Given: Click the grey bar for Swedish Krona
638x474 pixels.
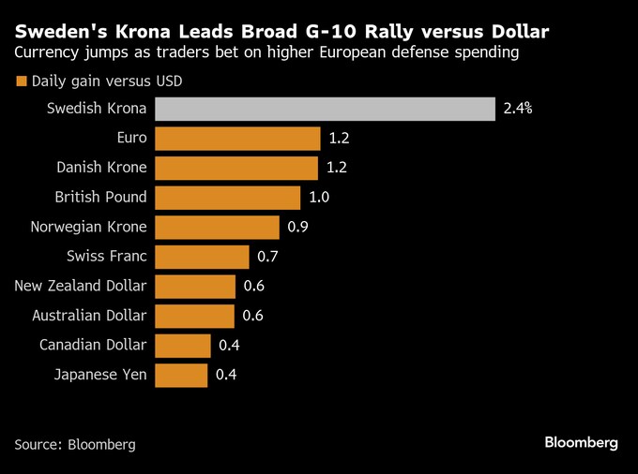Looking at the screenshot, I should pos(325,109).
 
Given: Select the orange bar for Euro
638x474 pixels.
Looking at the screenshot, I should pos(237,139).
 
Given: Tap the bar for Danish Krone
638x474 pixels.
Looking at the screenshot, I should pos(236,168).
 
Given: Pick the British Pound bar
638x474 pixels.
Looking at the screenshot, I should pos(227,198).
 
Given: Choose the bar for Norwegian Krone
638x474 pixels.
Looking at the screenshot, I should pos(217,227).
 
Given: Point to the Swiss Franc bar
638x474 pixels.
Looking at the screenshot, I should pos(202,257).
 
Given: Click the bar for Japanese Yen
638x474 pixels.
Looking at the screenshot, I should pos(181,376).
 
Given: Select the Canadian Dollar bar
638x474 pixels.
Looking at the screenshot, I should pos(183,346).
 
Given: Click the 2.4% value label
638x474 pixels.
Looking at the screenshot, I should pos(518,109).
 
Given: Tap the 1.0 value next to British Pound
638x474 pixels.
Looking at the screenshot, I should pos(319,198).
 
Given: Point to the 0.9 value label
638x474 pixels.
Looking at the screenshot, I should pos(298,227).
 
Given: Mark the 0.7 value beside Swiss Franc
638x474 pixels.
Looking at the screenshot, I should pos(268,257).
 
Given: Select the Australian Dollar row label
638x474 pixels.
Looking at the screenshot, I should pos(89,316).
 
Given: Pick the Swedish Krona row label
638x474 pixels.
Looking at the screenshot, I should pos(97,109).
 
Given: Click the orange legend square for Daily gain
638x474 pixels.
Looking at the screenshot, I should pos(21,81).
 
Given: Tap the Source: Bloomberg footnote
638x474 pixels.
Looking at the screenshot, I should pos(75,444).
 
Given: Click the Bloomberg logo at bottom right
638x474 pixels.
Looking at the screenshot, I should pos(581,442).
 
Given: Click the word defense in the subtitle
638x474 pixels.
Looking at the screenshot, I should pos(417,52).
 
